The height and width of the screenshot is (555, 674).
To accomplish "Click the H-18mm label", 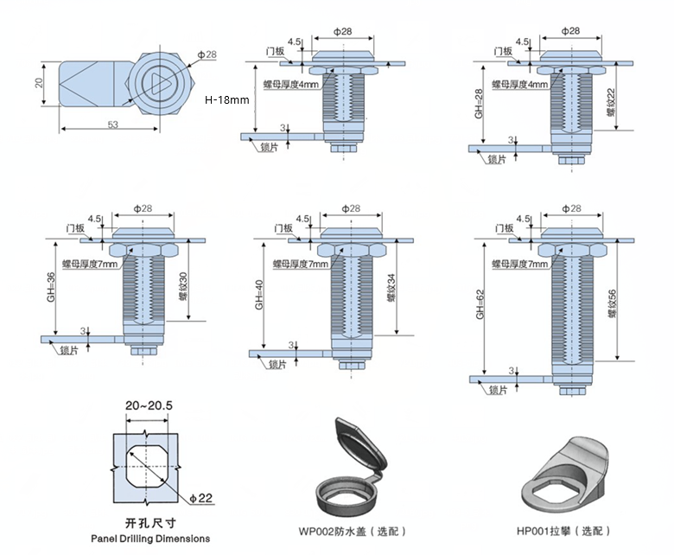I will click(x=226, y=100).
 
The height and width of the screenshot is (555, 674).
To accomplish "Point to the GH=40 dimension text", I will click(x=258, y=296).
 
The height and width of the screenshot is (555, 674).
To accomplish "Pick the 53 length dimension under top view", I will click(x=112, y=125).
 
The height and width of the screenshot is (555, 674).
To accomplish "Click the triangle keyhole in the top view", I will click(x=161, y=84).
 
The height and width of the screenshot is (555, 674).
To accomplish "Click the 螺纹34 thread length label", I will click(x=391, y=287).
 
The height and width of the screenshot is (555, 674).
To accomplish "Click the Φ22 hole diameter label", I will click(x=200, y=498).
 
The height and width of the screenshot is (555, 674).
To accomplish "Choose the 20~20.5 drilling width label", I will click(x=149, y=405).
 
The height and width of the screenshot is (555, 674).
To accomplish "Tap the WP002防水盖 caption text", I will click(x=351, y=531).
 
